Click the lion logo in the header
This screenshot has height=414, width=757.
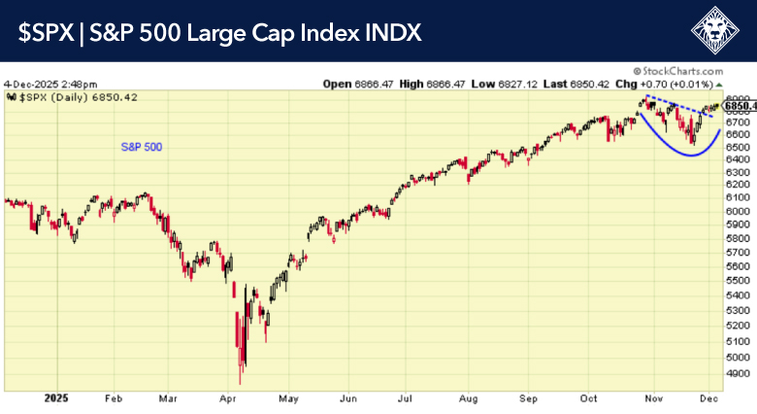tap(719, 31)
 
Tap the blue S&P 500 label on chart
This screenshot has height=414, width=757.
tap(141, 147)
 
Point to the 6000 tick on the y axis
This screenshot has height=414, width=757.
tap(739, 211)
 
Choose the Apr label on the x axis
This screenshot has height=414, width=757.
tap(228, 398)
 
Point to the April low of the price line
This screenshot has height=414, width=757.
tap(240, 380)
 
